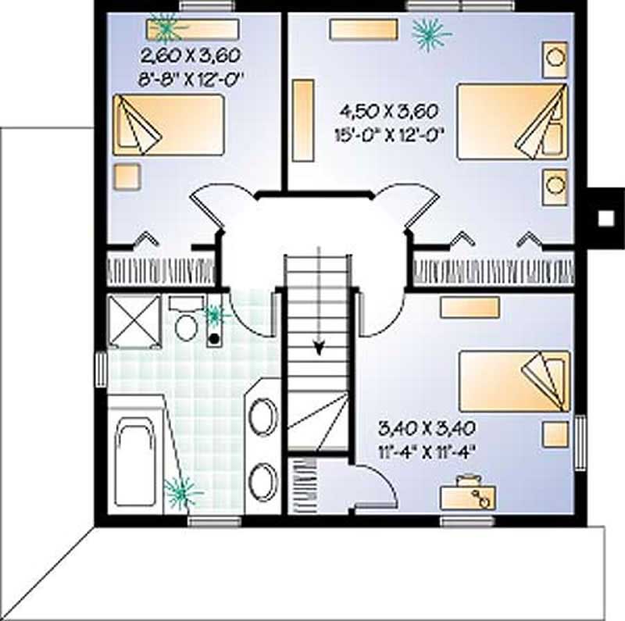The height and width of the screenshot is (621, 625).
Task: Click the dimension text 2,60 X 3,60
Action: point(190,55)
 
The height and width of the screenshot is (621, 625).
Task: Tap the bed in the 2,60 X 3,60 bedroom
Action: point(168,123)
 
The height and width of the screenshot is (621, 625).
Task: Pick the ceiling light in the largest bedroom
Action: point(430,32)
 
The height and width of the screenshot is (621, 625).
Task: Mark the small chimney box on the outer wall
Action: point(605,217)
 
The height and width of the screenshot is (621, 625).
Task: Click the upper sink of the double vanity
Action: point(264,413)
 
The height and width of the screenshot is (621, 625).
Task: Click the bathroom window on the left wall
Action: point(101,369)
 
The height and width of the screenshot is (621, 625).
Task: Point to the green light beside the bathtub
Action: point(181,491)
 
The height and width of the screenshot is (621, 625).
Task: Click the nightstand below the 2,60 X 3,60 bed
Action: point(127,177)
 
